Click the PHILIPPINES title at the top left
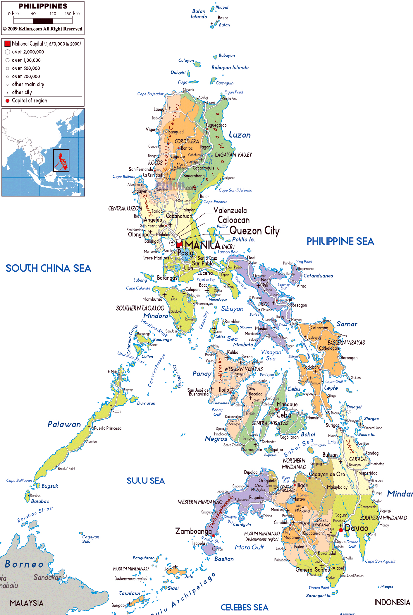(x=43, y=6)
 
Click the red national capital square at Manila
(x=179, y=244)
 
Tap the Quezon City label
(x=254, y=231)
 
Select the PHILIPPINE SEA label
(x=340, y=241)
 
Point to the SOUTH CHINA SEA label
(x=48, y=268)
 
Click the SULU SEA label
(x=145, y=481)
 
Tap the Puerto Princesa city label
(x=108, y=428)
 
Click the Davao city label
(x=356, y=528)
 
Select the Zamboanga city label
(x=193, y=531)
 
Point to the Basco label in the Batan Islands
(x=223, y=18)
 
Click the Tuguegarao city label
(x=216, y=125)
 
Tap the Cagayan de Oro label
(x=327, y=474)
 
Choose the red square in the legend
(x=8, y=44)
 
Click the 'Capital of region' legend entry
(x=29, y=101)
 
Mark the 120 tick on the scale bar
(x=53, y=14)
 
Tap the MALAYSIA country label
(x=26, y=603)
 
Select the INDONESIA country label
(x=392, y=602)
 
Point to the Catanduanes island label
(x=318, y=276)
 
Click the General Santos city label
(x=312, y=570)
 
